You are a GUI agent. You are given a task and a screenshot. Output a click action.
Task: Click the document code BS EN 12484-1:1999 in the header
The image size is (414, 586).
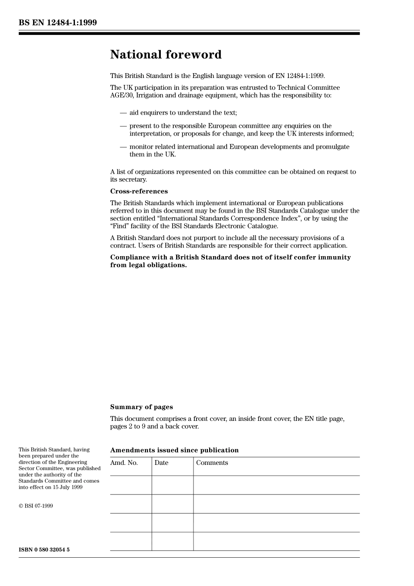click(58, 22)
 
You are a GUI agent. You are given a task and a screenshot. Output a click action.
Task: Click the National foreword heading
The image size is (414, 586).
click(166, 54)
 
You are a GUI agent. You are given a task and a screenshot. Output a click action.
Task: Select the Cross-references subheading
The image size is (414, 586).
click(139, 191)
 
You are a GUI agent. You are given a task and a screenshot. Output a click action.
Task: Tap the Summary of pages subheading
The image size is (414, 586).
click(141, 407)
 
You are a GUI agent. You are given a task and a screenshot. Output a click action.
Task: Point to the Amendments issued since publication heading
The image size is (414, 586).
click(174, 450)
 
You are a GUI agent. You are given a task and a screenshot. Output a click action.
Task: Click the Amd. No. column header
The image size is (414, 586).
click(124, 463)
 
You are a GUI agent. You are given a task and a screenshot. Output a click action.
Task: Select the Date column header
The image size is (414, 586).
click(161, 463)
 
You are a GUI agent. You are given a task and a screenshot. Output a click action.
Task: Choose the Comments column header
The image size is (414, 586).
click(212, 463)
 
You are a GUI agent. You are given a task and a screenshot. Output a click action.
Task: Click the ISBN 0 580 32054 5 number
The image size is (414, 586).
click(44, 549)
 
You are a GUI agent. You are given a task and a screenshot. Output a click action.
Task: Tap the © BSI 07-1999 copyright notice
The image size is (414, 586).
click(36, 506)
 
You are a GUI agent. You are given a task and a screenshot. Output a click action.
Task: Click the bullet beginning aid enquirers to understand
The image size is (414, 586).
click(183, 113)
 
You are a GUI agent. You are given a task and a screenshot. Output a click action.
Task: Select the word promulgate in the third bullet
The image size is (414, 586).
click(333, 147)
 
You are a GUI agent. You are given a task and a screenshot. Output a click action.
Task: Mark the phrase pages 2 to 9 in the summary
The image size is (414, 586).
click(128, 427)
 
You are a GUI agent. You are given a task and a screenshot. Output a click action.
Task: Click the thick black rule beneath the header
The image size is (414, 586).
click(189, 33)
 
